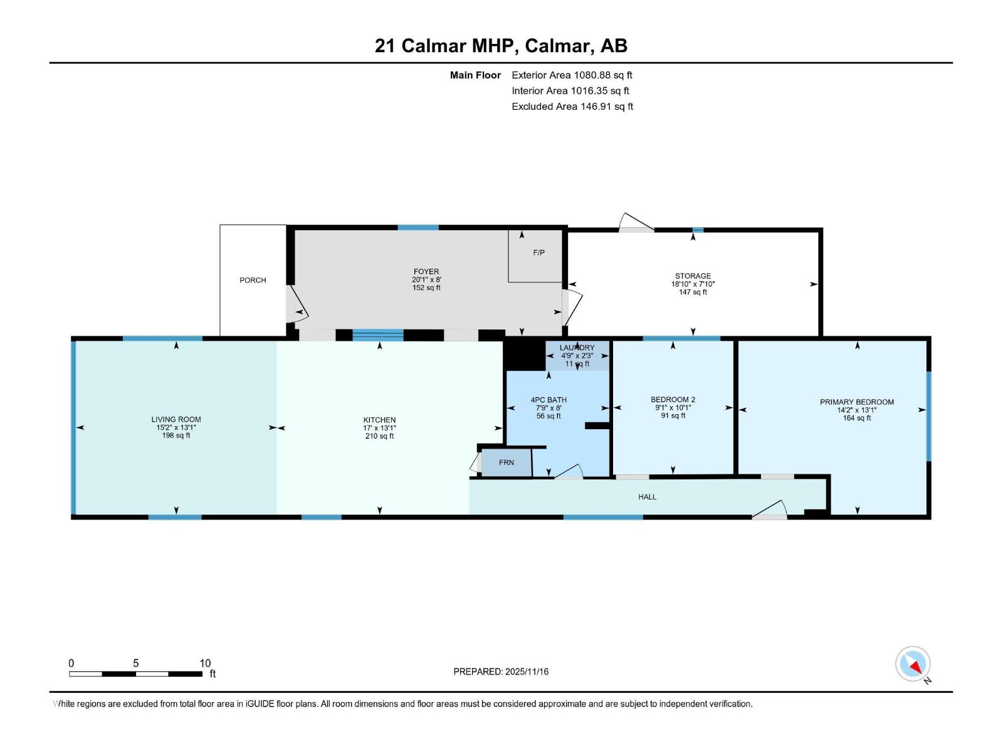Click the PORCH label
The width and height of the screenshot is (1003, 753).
[x=253, y=280]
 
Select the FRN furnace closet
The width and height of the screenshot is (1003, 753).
[x=507, y=462]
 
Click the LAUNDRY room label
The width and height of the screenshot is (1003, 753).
[x=577, y=348]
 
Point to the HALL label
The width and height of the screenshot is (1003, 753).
[x=647, y=497]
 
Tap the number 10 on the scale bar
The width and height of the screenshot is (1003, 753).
[x=205, y=663]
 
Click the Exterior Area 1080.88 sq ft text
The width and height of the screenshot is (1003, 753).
[x=572, y=75]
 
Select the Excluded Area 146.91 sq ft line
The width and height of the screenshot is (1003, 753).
[x=572, y=107]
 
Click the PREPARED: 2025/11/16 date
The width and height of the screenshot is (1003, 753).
[x=501, y=671]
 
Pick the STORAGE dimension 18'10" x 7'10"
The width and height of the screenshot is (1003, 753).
[x=693, y=284]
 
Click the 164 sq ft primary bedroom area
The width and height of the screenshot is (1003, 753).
[x=857, y=419]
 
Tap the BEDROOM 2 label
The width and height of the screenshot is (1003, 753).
[x=673, y=400]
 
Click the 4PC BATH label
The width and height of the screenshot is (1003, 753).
[x=549, y=400]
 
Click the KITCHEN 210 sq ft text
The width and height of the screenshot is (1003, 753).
[x=379, y=436]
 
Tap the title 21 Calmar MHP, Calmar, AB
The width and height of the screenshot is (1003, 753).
[x=501, y=46]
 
